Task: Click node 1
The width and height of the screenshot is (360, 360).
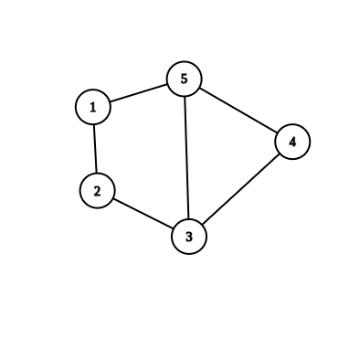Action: [x=93, y=107]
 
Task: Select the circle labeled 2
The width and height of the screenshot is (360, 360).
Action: [x=97, y=190]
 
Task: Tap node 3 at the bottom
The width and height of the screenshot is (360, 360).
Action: [x=189, y=237]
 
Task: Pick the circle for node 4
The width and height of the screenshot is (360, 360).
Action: [x=292, y=142]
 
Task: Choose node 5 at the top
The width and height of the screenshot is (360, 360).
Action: [x=184, y=79]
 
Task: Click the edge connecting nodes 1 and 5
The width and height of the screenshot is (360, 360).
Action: [x=138, y=93]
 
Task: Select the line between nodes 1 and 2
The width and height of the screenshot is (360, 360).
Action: [x=95, y=148]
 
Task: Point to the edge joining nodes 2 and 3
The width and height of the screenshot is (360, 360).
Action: [x=143, y=213]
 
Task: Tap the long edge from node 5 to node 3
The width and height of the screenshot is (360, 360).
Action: [x=186, y=158]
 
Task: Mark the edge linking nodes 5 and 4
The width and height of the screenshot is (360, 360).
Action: [x=238, y=111]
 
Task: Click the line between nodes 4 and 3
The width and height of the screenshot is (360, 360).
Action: [x=240, y=189]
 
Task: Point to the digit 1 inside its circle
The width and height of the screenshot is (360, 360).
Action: [x=93, y=108]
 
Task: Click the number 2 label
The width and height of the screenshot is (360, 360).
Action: [x=97, y=190]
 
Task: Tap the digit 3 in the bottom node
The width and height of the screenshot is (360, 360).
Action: [x=189, y=238]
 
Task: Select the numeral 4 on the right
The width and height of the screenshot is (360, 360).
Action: [x=292, y=143]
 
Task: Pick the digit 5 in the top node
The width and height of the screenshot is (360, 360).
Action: [x=184, y=79]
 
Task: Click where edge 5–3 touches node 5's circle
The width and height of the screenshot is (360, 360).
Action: [x=185, y=97]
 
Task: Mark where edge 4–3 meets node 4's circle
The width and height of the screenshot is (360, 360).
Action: [x=280, y=154]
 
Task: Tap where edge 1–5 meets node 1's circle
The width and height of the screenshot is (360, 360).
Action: [x=110, y=102]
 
